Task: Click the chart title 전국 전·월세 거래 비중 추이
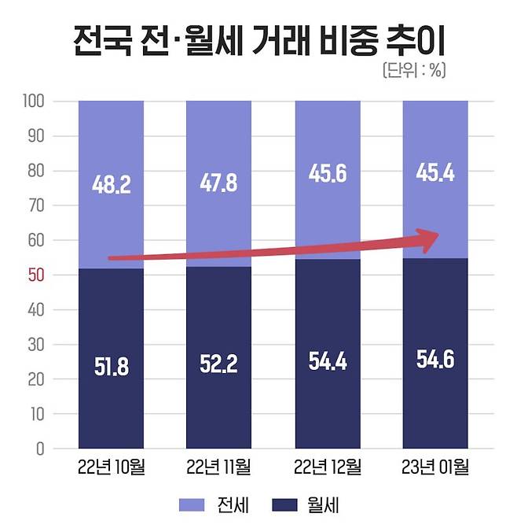click(x=258, y=40)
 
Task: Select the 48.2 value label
click(x=111, y=185)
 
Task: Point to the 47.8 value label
click(x=218, y=185)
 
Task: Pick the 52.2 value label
click(x=218, y=364)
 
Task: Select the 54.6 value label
click(x=435, y=363)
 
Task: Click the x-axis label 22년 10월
click(x=111, y=468)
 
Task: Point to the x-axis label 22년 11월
click(x=218, y=468)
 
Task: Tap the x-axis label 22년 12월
click(x=328, y=468)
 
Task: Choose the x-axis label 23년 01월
click(x=435, y=468)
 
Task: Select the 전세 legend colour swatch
click(x=194, y=504)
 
